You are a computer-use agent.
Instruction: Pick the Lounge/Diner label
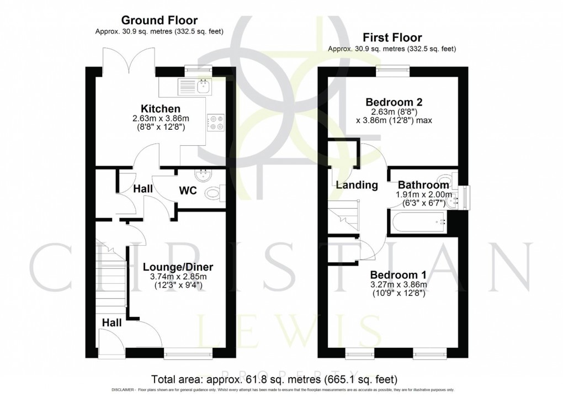pyautogui.click(x=173, y=267)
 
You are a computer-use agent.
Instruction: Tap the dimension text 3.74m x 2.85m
pyautogui.click(x=173, y=277)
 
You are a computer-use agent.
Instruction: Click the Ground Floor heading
pyautogui.click(x=160, y=21)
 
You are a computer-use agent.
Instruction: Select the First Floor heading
pyautogui.click(x=392, y=38)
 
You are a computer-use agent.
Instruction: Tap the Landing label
pyautogui.click(x=357, y=185)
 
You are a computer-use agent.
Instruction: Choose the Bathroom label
pyautogui.click(x=424, y=185)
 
